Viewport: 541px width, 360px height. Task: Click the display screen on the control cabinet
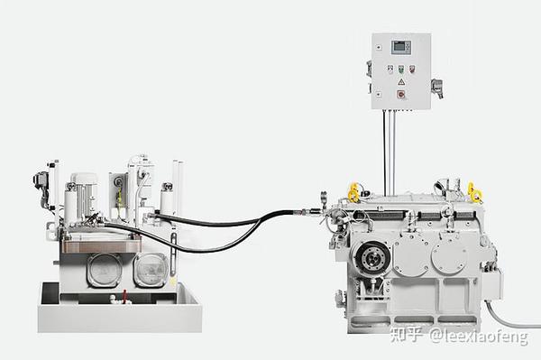coord(401,47)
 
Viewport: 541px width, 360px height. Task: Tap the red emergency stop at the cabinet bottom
coord(401,94)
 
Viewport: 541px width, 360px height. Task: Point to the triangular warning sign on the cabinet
coord(401,82)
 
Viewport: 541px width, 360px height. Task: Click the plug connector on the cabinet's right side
coord(436,87)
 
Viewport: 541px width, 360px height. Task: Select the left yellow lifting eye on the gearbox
coord(353,192)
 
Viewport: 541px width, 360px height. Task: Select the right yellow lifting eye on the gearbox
coord(473,191)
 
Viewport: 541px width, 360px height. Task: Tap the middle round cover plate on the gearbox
coord(410,255)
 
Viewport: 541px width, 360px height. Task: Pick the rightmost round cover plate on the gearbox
coord(450,255)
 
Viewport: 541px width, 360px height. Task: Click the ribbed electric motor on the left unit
coord(85,196)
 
